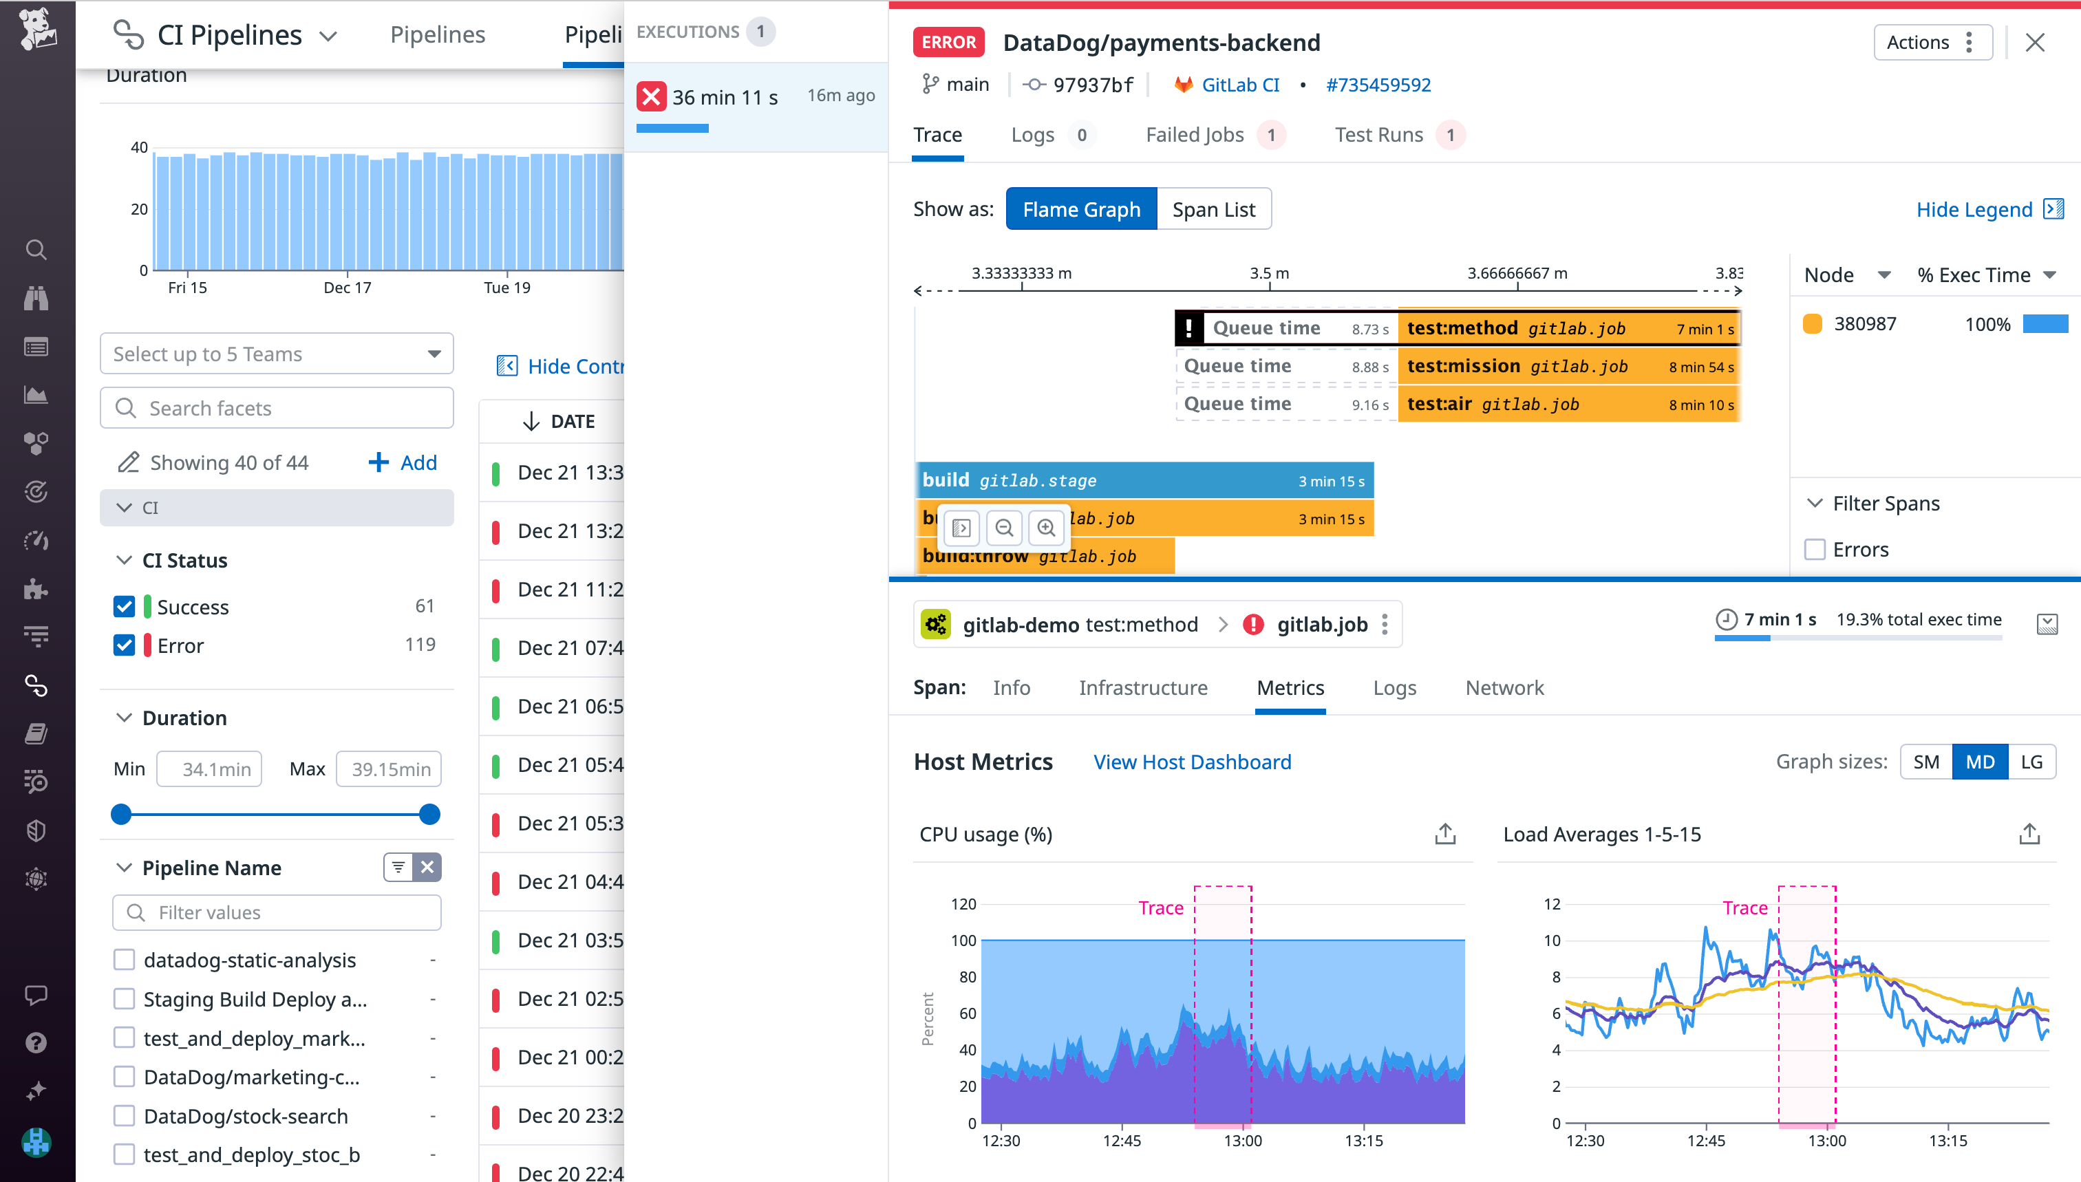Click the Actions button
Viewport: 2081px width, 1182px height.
pos(1932,42)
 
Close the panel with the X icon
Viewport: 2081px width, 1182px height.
pos(2034,42)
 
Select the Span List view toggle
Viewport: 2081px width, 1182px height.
pos(1213,209)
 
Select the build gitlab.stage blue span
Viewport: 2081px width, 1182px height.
pos(1143,481)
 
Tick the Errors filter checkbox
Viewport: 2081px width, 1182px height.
pos(1815,550)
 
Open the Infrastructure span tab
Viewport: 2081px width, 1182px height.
pos(1142,687)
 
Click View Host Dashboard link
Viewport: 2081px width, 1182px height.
pos(1192,762)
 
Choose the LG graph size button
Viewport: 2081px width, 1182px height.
pos(2031,762)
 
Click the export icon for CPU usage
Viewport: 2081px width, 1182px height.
pos(1444,834)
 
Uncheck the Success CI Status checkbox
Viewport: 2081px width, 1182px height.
pos(125,606)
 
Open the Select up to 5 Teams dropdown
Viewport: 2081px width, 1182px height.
pos(276,354)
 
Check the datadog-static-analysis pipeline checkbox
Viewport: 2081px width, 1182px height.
pos(125,960)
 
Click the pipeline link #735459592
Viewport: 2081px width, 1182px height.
pos(1378,85)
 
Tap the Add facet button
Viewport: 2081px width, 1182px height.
pos(403,463)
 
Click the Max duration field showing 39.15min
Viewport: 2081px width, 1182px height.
pos(389,769)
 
